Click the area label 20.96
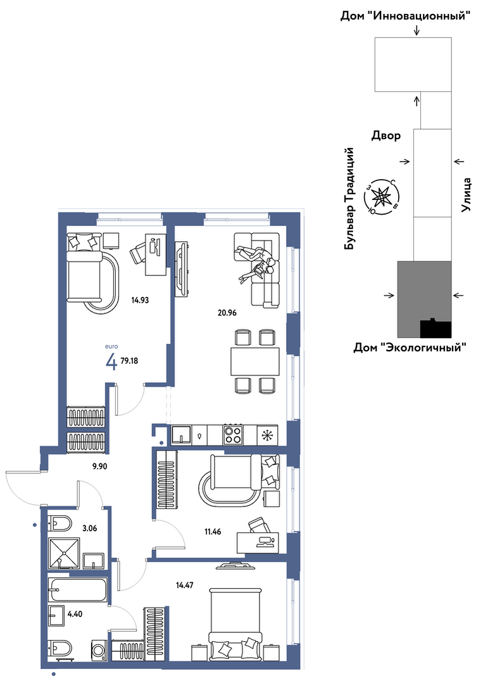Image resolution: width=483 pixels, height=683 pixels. [227, 312]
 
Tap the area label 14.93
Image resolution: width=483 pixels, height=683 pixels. [140, 299]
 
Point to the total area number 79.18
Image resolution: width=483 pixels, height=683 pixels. [129, 361]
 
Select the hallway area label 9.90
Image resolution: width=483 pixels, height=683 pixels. [99, 466]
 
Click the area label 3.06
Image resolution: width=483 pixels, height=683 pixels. [90, 529]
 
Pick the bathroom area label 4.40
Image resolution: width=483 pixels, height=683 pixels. [75, 614]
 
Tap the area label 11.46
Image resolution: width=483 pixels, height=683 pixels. [213, 532]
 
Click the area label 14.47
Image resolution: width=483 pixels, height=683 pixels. [184, 586]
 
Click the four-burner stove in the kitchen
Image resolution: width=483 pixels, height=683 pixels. [233, 434]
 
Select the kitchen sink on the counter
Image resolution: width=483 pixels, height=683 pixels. [181, 435]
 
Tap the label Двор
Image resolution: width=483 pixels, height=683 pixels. [386, 136]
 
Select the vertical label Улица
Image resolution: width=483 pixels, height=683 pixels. [467, 194]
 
